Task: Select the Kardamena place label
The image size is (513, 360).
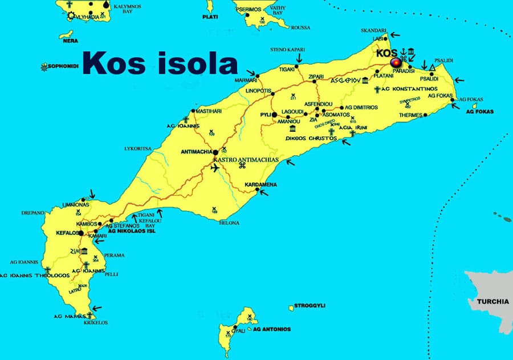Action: (x=260, y=185)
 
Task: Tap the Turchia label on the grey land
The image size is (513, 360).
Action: (x=492, y=301)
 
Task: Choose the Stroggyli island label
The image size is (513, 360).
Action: (x=310, y=306)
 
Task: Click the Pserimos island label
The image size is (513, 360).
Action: (x=247, y=10)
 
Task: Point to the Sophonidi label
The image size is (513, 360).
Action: (x=63, y=67)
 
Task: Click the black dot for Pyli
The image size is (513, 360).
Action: (x=274, y=115)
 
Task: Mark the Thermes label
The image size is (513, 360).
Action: (x=411, y=115)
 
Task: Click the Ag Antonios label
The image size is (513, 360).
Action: (x=272, y=329)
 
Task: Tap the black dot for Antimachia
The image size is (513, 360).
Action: (x=215, y=152)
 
